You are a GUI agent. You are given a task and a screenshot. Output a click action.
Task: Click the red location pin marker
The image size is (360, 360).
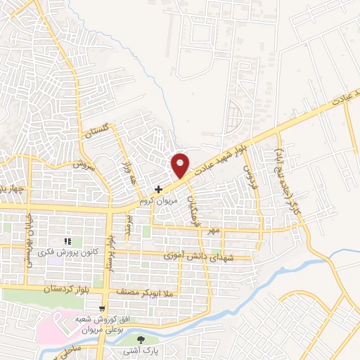tap(181, 165)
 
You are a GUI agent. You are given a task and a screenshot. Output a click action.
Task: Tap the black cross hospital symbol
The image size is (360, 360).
tap(159, 189)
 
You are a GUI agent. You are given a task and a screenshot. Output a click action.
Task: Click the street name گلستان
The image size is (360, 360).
tap(98, 129)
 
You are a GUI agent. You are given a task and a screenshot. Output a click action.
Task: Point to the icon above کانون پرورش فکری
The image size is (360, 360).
tap(68, 243)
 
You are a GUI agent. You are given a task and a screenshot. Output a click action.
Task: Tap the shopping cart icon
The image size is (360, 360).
tap(103, 309)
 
